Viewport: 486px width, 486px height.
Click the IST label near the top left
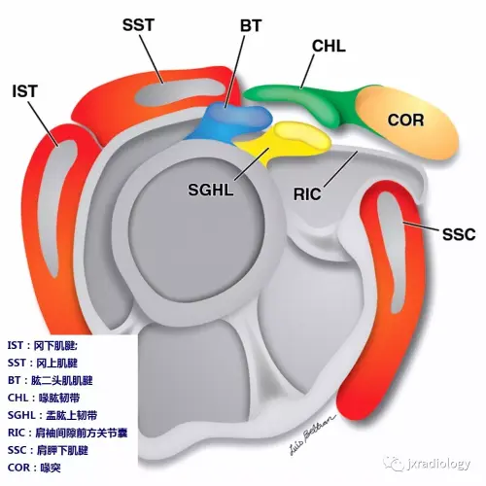[25, 91]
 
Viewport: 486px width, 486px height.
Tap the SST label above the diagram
[138, 25]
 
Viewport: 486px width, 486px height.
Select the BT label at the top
[251, 25]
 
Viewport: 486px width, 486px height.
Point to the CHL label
[329, 46]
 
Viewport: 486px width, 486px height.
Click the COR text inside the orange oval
[405, 121]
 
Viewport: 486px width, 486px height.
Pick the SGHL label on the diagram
[211, 190]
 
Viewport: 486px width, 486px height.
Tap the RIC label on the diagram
[307, 194]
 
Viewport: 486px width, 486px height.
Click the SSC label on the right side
[459, 234]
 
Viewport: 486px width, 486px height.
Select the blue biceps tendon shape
[233, 120]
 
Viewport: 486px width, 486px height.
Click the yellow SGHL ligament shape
[285, 141]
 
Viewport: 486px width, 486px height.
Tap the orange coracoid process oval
[407, 123]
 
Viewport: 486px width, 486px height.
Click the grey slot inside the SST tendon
[180, 92]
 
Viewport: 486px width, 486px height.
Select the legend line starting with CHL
[44, 398]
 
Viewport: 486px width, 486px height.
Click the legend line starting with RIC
[67, 433]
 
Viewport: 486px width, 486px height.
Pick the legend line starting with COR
[34, 468]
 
